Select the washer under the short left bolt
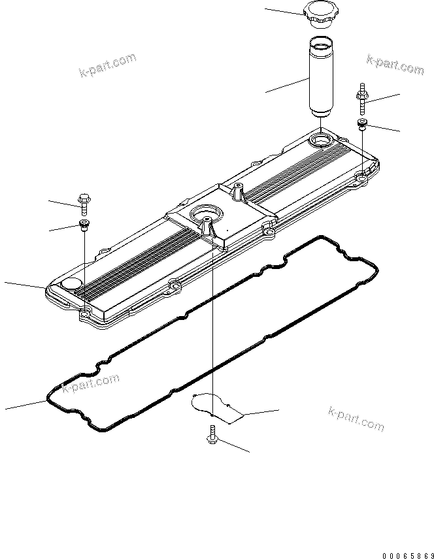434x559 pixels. [84, 225]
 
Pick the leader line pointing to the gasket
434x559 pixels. [26, 404]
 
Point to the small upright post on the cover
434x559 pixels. [237, 192]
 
